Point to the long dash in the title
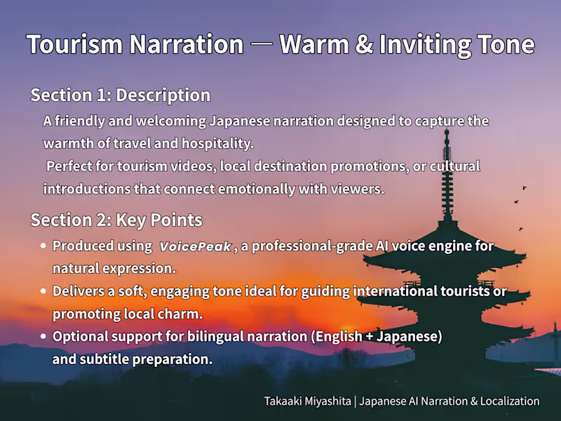(x=261, y=44)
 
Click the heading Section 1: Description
(x=120, y=95)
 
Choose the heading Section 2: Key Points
(x=116, y=220)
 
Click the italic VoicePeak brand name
(x=195, y=247)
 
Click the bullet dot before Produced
(x=43, y=246)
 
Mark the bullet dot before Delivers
(x=43, y=291)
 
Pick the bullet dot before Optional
(x=43, y=337)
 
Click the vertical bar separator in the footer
(x=356, y=401)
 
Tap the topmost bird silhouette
(x=524, y=188)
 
